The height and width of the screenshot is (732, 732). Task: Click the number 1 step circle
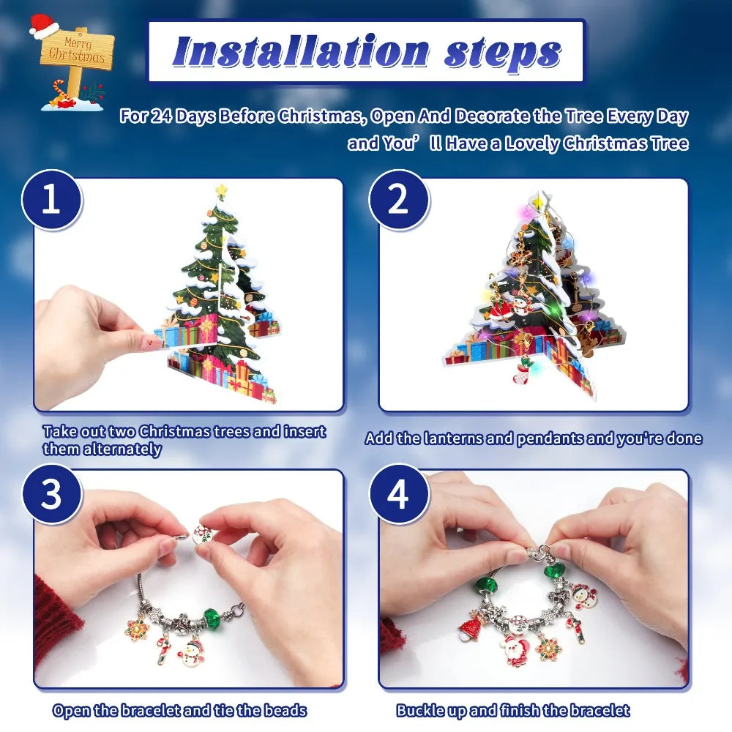tap(51, 201)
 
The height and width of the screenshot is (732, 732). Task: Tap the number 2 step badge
tap(397, 201)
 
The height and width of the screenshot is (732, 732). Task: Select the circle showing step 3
tap(51, 495)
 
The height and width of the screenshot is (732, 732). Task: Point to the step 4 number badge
tap(397, 495)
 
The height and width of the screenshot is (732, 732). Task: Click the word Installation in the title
tap(290, 52)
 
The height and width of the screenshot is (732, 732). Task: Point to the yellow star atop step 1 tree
tap(221, 192)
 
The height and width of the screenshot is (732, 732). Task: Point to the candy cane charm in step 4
tap(577, 628)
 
